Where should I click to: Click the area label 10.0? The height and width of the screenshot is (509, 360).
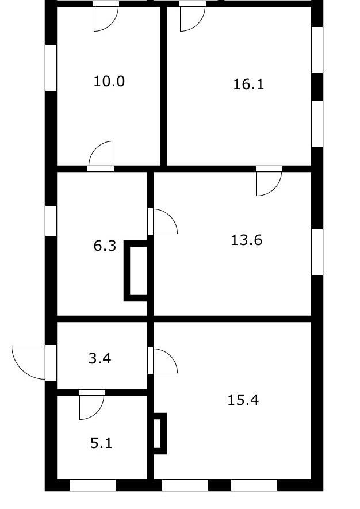pyautogui.click(x=109, y=81)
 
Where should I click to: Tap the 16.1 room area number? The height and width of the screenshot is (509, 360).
pyautogui.click(x=248, y=85)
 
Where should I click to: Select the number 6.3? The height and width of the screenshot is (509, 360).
pyautogui.click(x=105, y=246)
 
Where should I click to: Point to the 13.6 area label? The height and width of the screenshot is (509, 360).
pyautogui.click(x=246, y=240)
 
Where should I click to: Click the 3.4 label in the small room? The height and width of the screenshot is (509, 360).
pyautogui.click(x=100, y=359)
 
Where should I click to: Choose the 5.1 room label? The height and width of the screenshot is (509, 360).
pyautogui.click(x=101, y=443)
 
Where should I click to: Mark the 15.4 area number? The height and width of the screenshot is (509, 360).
pyautogui.click(x=243, y=400)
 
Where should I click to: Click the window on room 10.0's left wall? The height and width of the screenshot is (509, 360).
pyautogui.click(x=51, y=67)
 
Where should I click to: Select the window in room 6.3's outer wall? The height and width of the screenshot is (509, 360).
pyautogui.click(x=51, y=221)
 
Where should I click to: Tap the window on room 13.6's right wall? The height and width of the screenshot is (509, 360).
pyautogui.click(x=317, y=252)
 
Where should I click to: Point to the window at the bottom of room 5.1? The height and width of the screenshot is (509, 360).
pyautogui.click(x=93, y=485)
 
